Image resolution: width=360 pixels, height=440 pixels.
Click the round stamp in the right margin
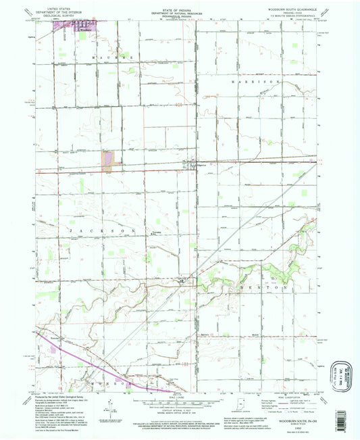[340, 374]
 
